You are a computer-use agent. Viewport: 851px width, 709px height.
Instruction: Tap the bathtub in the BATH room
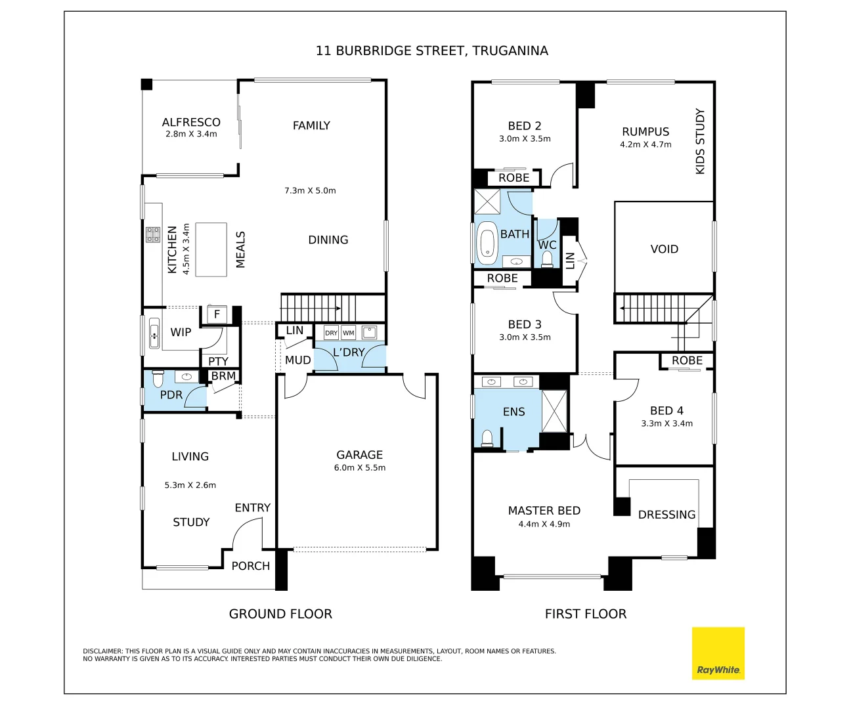click(487, 244)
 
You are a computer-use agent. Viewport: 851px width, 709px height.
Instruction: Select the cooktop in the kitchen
click(153, 235)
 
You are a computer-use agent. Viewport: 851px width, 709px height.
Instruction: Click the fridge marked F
click(217, 314)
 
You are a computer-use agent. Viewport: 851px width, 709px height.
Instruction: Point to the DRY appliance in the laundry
click(331, 333)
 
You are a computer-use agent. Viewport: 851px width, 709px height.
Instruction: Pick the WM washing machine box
click(349, 333)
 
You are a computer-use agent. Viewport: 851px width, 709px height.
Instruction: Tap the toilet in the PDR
click(158, 378)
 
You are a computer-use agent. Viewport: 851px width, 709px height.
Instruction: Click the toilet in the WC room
click(547, 259)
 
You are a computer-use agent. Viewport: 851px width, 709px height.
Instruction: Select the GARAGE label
click(359, 455)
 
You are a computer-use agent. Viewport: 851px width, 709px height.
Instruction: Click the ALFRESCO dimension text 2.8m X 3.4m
click(191, 134)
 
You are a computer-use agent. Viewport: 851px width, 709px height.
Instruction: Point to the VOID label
click(665, 249)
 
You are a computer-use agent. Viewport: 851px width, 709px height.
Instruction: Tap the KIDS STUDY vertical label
click(700, 141)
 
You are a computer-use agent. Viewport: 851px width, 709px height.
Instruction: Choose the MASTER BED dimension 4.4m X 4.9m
click(544, 524)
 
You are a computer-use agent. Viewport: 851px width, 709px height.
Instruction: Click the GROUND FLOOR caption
click(280, 614)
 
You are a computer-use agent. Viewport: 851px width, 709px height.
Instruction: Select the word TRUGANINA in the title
click(510, 51)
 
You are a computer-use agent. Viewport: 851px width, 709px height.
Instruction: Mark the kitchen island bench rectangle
click(211, 249)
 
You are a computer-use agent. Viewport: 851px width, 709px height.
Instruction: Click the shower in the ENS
click(554, 411)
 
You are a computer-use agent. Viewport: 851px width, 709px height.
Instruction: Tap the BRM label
click(223, 376)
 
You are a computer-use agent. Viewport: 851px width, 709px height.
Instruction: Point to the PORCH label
click(251, 566)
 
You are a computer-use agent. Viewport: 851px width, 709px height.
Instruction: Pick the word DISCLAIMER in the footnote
click(102, 651)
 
